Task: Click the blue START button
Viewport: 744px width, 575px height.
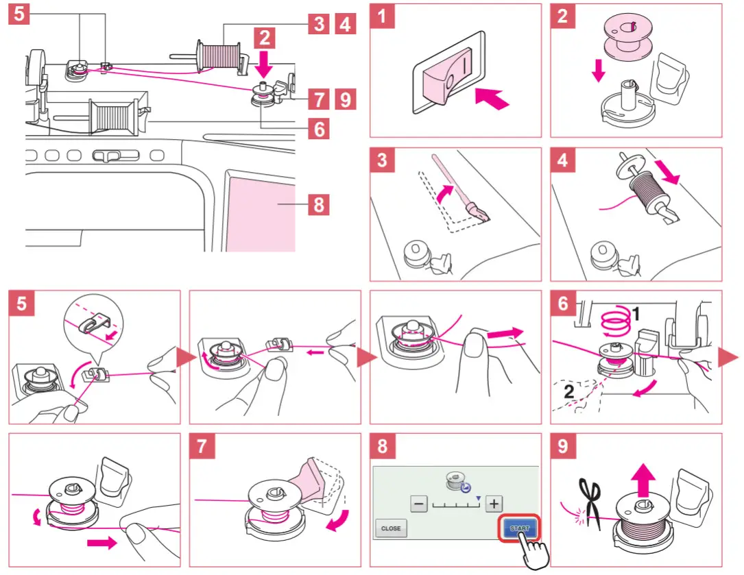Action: point(520,528)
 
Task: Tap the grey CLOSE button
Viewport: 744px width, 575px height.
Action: point(391,528)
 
